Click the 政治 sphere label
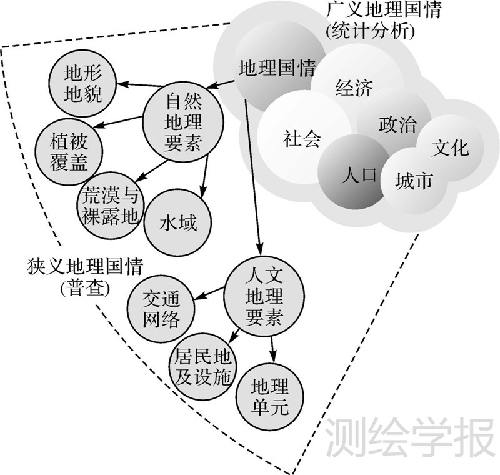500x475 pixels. (397, 123)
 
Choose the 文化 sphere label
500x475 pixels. (449, 148)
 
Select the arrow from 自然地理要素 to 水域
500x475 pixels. (204, 174)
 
